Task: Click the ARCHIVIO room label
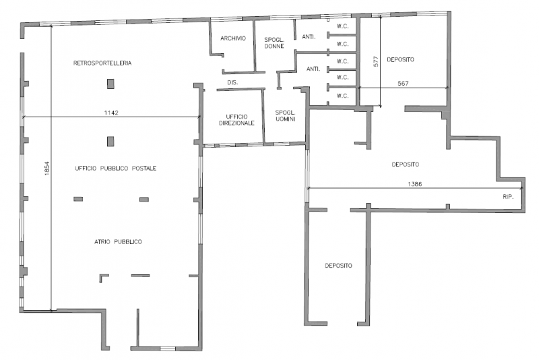233,38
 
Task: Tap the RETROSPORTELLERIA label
102,63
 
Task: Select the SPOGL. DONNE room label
274,42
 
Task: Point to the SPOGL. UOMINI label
285,115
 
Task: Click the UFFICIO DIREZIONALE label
236,119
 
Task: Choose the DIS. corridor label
232,82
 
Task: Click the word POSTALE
144,168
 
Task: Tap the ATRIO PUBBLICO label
118,242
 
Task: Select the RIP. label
508,197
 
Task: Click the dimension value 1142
111,113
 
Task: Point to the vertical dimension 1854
47,169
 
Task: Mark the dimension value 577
376,61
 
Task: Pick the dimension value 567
403,83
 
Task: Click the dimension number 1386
414,184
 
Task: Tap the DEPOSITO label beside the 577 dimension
400,59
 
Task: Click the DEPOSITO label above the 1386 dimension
406,164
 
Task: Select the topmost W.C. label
342,26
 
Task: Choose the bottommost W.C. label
342,96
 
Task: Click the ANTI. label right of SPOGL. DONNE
309,37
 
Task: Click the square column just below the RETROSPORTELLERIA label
110,84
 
